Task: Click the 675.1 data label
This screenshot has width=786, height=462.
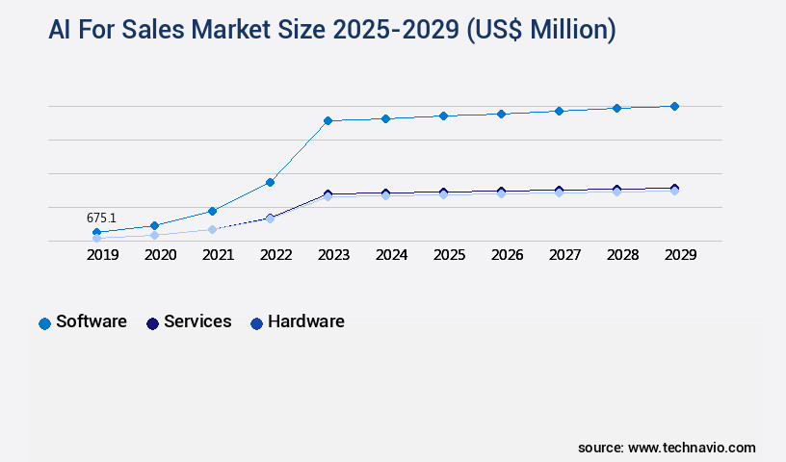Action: (101, 218)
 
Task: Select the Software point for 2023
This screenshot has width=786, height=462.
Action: (327, 120)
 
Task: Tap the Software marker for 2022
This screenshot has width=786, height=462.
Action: (271, 182)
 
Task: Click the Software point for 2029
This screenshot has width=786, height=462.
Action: (674, 106)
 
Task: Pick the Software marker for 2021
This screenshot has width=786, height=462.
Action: (212, 211)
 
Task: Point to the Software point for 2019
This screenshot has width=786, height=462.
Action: (96, 232)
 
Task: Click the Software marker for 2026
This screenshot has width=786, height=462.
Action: (501, 114)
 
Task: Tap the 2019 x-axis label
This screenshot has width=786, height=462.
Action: (103, 255)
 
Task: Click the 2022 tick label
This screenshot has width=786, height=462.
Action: (276, 255)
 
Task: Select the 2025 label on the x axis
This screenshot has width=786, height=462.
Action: (450, 255)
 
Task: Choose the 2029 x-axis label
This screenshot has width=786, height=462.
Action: (681, 255)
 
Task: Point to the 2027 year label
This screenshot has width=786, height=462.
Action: (565, 255)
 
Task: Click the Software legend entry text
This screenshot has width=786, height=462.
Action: (92, 321)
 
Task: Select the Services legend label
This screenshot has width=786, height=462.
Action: (197, 321)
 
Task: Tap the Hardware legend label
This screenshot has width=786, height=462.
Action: (305, 321)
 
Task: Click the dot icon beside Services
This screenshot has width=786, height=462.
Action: (152, 323)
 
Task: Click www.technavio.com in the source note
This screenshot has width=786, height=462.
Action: (692, 448)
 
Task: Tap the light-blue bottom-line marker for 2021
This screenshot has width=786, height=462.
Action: (212, 229)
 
